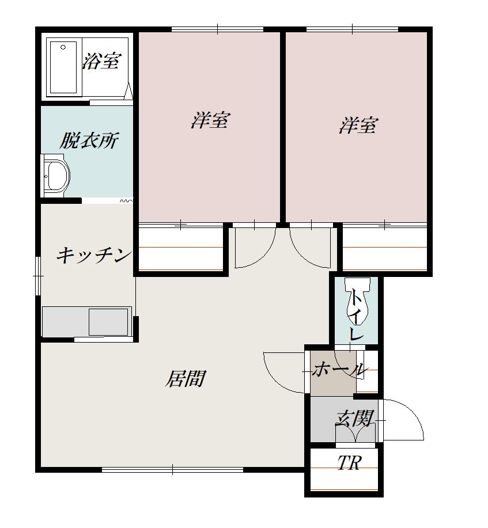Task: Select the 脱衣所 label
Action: tap(89, 140)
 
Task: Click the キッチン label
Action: tap(94, 255)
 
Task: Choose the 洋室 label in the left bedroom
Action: tap(210, 121)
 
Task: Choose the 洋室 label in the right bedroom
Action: tap(358, 125)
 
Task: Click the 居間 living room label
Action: tap(186, 379)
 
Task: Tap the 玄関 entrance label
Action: tap(354, 417)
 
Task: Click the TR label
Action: tap(349, 463)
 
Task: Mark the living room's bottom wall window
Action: tap(172, 470)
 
